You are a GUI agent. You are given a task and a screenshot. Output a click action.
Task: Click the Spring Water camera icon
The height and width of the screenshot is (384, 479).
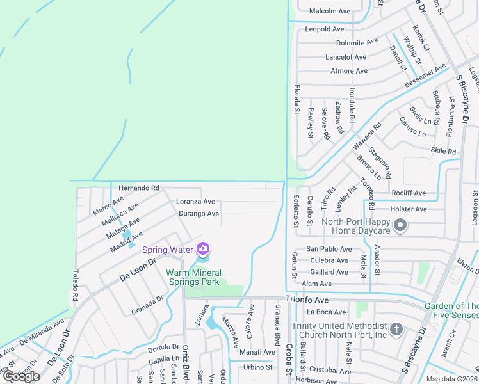(x=203, y=248)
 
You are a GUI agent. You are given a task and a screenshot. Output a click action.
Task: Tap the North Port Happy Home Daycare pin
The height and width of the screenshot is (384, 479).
(x=401, y=225)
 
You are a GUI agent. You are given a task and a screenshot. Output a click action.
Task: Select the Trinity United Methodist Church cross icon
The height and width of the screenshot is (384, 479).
(x=396, y=330)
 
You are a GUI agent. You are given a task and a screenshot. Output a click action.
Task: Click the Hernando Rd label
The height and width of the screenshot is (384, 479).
(x=138, y=188)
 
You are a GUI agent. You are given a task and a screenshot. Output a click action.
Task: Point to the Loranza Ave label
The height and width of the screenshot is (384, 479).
(x=195, y=202)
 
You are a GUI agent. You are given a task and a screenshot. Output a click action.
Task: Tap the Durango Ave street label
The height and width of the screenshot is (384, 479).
(x=199, y=214)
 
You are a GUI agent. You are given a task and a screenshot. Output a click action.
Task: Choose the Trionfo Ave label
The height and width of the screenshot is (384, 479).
(x=307, y=300)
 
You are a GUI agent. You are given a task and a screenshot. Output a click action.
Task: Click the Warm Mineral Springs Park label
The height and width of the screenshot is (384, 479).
(x=193, y=277)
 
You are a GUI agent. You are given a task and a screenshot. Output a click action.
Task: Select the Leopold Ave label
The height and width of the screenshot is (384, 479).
(x=325, y=29)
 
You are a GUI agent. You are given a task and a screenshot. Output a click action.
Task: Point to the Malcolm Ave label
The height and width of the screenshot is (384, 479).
(x=330, y=11)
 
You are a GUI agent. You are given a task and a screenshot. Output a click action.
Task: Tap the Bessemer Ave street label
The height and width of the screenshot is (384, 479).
(x=425, y=76)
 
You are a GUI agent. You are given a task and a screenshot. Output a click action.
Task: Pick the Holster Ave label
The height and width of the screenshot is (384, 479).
(x=408, y=209)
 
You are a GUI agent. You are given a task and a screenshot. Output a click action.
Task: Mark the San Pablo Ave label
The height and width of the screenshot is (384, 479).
(x=329, y=249)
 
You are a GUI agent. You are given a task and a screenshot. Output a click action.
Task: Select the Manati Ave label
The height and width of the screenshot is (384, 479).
(x=257, y=352)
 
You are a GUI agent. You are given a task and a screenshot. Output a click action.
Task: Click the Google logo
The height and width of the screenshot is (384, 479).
(x=21, y=376)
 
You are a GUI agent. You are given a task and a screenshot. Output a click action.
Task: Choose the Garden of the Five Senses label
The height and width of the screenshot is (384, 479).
(x=451, y=310)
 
